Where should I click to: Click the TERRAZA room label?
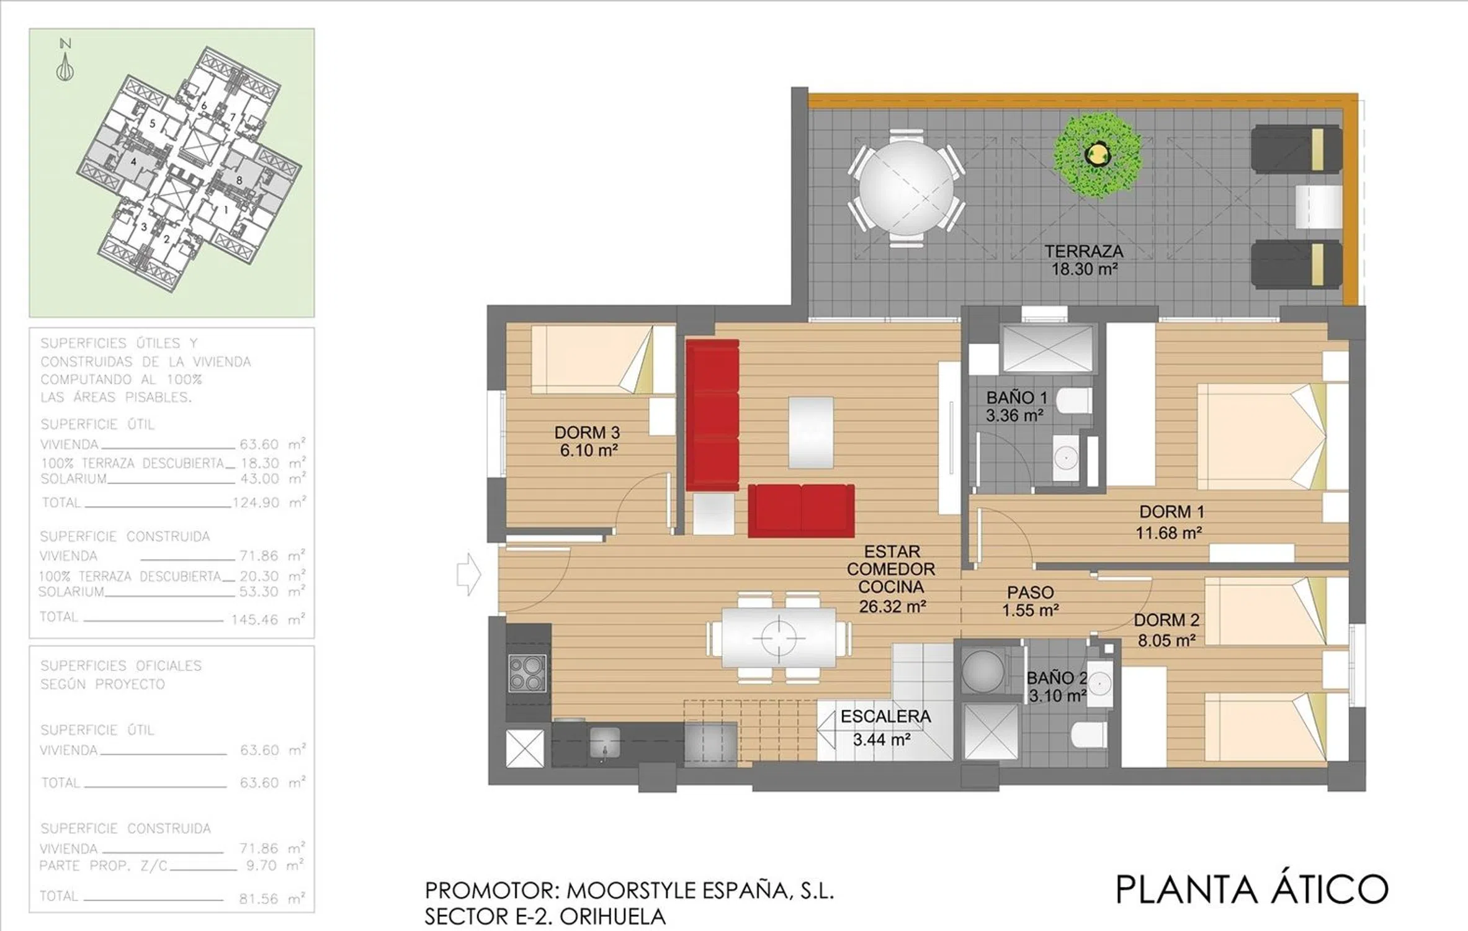[1084, 251]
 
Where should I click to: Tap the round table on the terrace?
[906, 189]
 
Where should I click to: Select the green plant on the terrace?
[1098, 155]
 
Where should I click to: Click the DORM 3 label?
[587, 433]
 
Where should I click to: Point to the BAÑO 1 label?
[1016, 398]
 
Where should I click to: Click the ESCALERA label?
[885, 716]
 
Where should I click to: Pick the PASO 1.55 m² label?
[1030, 601]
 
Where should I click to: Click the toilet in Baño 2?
[1089, 735]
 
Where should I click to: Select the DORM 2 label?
[1166, 620]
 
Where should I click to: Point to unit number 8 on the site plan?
[239, 181]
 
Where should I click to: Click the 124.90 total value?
[256, 503]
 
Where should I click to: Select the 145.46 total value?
[254, 619]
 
